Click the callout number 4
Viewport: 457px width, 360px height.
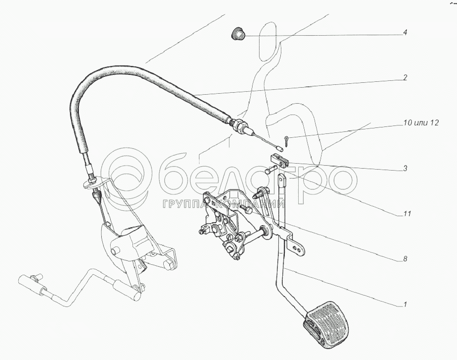pyautogui.click(x=405, y=33)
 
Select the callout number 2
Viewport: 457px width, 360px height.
pyautogui.click(x=405, y=78)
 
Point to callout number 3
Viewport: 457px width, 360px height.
pyautogui.click(x=405, y=169)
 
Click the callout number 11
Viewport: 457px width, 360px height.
pyautogui.click(x=407, y=214)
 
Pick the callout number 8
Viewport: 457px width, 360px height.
pyautogui.click(x=405, y=259)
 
